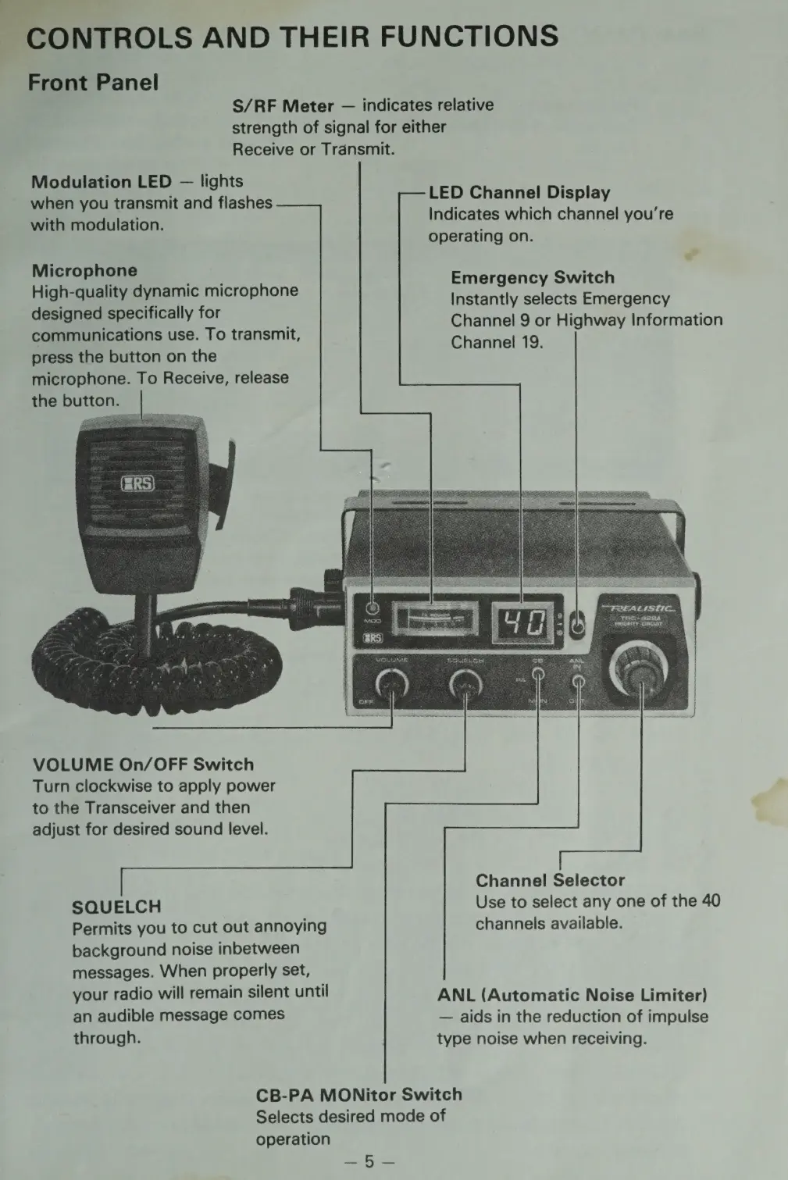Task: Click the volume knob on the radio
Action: pyautogui.click(x=391, y=686)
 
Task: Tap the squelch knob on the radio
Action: pyautogui.click(x=465, y=686)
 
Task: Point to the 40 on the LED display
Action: pyautogui.click(x=522, y=623)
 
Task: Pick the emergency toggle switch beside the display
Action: pyautogui.click(x=577, y=624)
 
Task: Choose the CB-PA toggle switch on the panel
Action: pyautogui.click(x=538, y=678)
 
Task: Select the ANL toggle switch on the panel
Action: pyautogui.click(x=579, y=681)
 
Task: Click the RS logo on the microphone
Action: pyautogui.click(x=138, y=484)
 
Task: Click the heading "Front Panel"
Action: pyautogui.click(x=93, y=82)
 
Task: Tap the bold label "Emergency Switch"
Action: pyautogui.click(x=533, y=277)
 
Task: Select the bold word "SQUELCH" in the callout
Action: pyautogui.click(x=116, y=907)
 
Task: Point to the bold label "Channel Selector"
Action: pyautogui.click(x=550, y=880)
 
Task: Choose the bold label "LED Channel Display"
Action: pyautogui.click(x=519, y=192)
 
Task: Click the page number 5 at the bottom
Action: pyautogui.click(x=369, y=1161)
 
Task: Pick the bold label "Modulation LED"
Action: pyautogui.click(x=101, y=182)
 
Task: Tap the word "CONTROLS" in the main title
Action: pyautogui.click(x=109, y=37)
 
